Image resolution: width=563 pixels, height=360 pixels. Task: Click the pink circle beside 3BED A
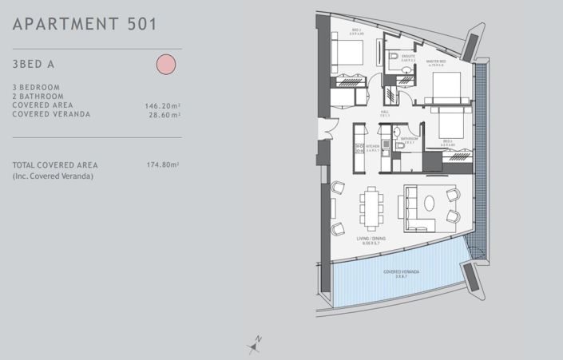click(165, 64)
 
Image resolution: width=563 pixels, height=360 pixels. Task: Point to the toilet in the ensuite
click(394, 57)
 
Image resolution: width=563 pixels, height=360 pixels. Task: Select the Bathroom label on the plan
click(410, 138)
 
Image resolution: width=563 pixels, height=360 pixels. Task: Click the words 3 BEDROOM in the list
click(36, 87)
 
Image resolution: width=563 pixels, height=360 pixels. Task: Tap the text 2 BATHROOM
click(37, 96)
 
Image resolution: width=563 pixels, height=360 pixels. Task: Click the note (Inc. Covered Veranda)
click(53, 175)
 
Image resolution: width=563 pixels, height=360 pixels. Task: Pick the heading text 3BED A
click(32, 64)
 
